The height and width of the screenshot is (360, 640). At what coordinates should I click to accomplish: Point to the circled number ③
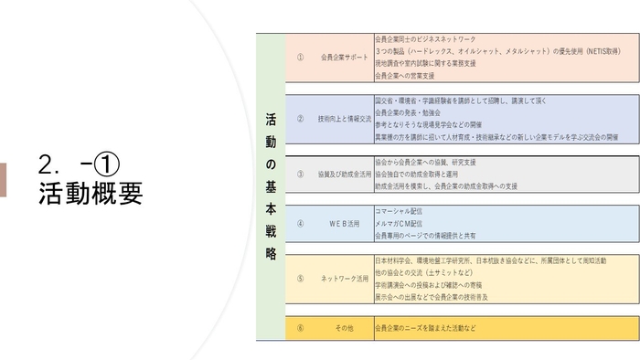[301, 173]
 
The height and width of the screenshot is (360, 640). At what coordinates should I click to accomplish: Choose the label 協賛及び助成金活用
[345, 173]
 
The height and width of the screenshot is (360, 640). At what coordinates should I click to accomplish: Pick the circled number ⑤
[301, 278]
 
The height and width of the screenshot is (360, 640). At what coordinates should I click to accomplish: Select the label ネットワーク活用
[345, 278]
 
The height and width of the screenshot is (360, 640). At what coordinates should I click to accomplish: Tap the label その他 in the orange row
[344, 327]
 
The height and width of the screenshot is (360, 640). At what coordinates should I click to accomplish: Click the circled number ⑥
[301, 327]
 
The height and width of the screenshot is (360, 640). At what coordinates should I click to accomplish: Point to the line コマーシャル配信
[399, 211]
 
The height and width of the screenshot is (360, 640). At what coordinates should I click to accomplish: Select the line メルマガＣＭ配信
[400, 223]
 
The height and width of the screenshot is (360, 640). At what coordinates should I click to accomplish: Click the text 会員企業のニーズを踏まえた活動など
[426, 327]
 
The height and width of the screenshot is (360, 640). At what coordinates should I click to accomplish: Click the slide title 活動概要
[91, 194]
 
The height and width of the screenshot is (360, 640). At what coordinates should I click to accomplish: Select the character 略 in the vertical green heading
[271, 255]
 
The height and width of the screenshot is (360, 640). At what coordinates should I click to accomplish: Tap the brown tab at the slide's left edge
[3, 180]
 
